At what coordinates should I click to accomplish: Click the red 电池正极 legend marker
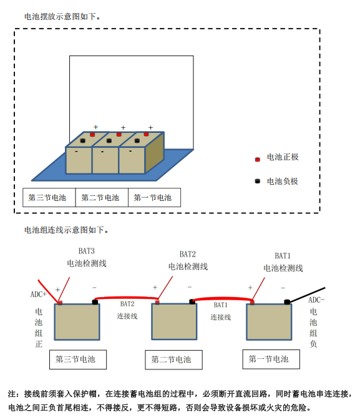pos(258,159)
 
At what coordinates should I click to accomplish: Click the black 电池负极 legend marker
pos(258,182)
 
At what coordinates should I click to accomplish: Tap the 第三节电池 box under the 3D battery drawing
pos(49,197)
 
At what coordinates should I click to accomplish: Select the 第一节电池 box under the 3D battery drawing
pos(154,197)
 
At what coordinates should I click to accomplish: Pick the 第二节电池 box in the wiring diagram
pos(173,359)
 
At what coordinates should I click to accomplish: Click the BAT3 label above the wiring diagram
pos(87,251)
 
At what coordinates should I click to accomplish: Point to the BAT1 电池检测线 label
pos(283,262)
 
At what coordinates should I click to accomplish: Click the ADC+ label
pos(38,295)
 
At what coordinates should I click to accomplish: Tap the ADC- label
pos(316,300)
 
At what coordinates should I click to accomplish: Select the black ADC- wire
pos(307,295)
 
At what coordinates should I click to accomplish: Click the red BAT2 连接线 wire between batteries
pos(127,298)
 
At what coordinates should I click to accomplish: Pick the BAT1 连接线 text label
pos(220,311)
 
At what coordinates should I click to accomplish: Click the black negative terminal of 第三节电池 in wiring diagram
pos(95,302)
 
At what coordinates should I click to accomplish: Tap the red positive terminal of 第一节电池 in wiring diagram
pos(252,303)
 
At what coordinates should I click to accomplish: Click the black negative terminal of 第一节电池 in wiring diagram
pos(287,302)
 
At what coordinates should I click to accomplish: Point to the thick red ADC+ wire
pos(48,291)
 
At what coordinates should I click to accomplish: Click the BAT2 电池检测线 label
pos(188,260)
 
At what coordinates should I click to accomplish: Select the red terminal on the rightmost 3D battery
pos(146,134)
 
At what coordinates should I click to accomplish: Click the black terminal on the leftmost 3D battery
pos(83,140)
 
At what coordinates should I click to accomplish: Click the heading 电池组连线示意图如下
pos(66,230)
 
